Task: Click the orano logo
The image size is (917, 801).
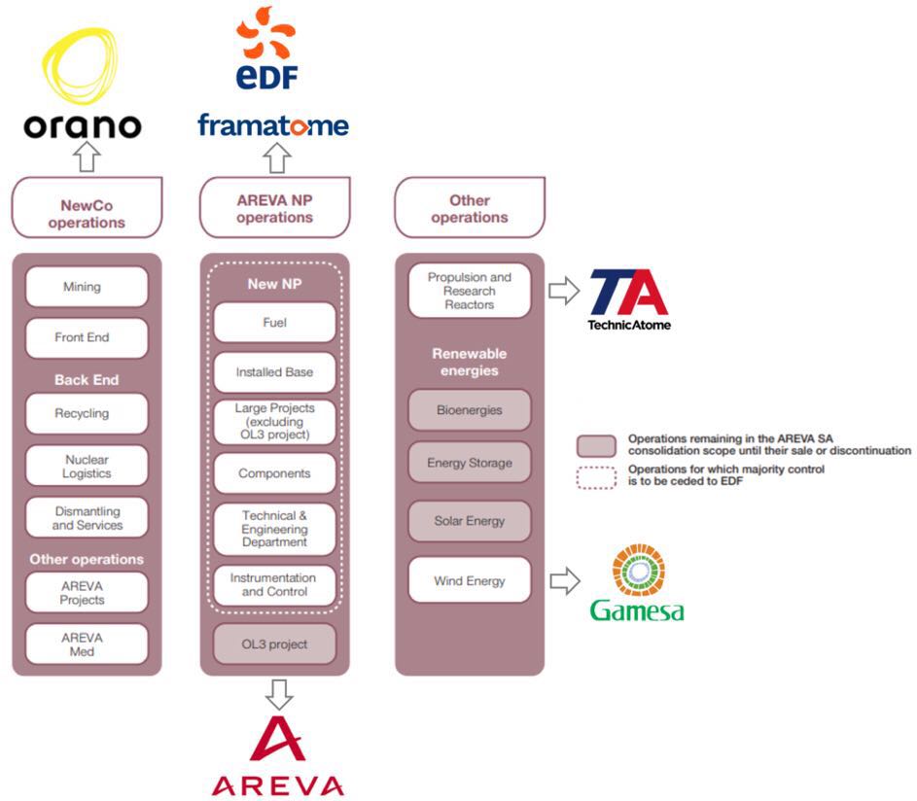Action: [x=82, y=87]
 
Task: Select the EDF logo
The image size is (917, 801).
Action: [x=265, y=49]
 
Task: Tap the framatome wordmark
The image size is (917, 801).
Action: [x=272, y=125]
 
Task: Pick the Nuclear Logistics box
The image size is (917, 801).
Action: [x=88, y=467]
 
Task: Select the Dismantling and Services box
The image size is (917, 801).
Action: [x=88, y=518]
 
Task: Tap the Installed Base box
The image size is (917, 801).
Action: [x=274, y=372]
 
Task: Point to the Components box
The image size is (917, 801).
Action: [x=274, y=473]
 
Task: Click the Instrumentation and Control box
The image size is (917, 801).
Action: [x=274, y=585]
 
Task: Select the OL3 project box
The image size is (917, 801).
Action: [x=274, y=644]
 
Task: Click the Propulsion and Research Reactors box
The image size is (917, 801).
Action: [x=470, y=291]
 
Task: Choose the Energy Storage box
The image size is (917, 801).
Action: [x=470, y=463]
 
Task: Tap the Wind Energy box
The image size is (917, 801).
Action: [x=470, y=581]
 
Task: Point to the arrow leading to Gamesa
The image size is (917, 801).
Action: [x=564, y=581]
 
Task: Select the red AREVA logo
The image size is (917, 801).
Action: [x=277, y=757]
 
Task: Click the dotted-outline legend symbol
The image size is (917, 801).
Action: [x=596, y=475]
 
